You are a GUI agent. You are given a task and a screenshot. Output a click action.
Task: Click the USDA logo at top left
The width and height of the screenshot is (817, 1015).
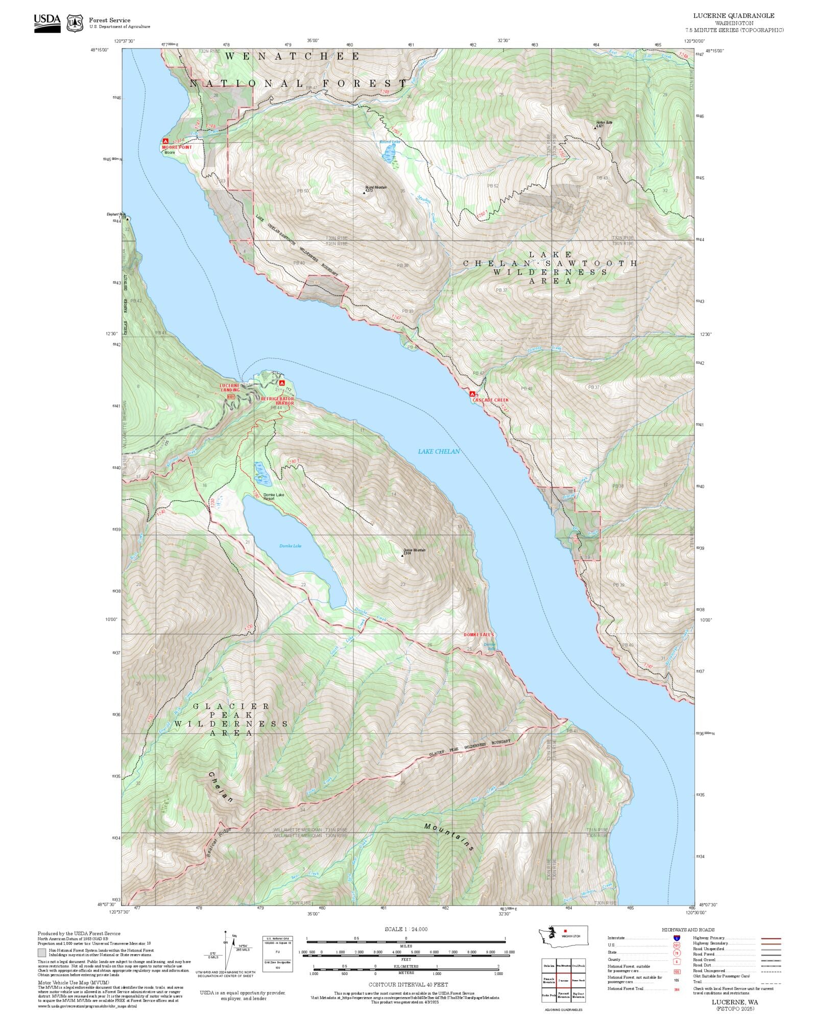click(47, 23)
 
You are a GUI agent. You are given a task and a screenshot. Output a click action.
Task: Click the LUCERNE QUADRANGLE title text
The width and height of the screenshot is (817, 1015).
click(733, 16)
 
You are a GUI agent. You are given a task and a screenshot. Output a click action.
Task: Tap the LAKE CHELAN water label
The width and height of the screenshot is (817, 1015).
click(439, 451)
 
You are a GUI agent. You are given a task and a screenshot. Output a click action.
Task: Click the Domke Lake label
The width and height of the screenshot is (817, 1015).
click(290, 546)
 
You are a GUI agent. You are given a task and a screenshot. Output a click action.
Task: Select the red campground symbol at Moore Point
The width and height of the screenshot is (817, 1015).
click(165, 141)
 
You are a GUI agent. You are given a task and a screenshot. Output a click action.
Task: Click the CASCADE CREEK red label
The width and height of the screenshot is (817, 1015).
click(490, 400)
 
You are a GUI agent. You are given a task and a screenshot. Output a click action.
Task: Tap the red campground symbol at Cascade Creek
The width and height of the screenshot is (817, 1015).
click(472, 394)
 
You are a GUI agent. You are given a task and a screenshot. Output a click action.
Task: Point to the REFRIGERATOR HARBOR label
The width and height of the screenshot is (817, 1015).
click(278, 401)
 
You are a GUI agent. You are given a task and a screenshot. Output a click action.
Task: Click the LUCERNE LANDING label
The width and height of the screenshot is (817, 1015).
click(230, 387)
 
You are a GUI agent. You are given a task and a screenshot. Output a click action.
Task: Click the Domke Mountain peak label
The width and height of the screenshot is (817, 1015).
click(414, 551)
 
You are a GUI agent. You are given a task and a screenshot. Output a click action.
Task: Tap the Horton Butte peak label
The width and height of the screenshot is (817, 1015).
click(604, 123)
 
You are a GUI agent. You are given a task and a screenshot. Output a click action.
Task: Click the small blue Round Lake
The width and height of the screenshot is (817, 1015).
click(389, 152)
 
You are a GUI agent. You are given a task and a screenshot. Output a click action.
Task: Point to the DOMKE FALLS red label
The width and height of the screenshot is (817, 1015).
click(478, 635)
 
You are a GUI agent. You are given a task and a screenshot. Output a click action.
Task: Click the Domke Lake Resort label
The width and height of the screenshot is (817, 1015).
click(274, 496)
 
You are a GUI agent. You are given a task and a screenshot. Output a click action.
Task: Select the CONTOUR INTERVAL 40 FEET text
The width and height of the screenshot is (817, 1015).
click(408, 984)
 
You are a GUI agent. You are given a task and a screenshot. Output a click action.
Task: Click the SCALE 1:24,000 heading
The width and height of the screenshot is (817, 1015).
click(406, 929)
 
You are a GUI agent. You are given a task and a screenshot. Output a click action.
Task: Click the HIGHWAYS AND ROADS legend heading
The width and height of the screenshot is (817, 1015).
click(688, 930)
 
